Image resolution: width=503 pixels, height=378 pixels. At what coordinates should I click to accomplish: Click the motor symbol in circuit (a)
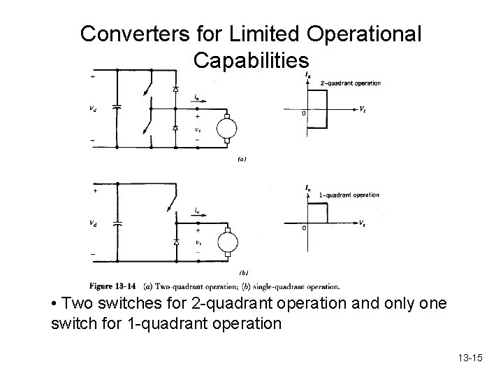click(228, 129)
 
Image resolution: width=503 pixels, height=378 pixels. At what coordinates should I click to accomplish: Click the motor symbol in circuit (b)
click(228, 242)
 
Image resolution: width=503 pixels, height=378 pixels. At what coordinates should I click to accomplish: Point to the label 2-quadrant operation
click(350, 83)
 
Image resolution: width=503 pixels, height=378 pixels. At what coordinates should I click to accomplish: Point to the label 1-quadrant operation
click(349, 195)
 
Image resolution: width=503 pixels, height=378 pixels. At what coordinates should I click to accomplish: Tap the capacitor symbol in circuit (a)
click(117, 108)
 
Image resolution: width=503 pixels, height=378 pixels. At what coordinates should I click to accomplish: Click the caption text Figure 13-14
click(115, 286)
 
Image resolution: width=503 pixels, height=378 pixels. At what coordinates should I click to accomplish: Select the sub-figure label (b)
click(243, 272)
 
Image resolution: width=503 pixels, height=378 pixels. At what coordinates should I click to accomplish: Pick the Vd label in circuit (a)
click(93, 109)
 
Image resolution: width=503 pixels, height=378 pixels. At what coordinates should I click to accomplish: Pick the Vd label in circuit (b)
click(93, 224)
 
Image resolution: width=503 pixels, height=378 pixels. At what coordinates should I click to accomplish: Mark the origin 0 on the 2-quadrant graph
click(303, 114)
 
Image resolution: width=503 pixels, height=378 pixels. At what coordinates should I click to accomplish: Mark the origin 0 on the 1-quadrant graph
click(303, 228)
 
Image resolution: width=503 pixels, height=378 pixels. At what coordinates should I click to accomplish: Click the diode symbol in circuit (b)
click(175, 241)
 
